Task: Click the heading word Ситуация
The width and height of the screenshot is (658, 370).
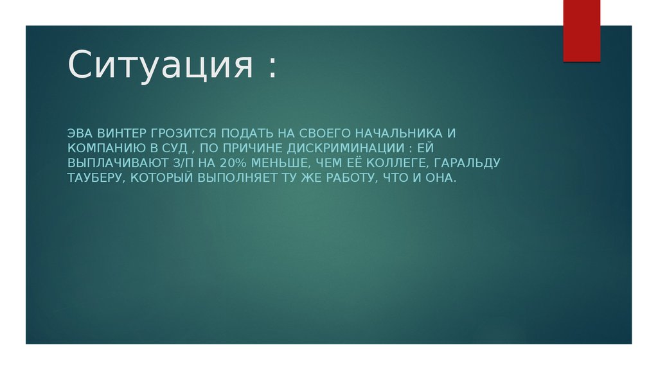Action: (161, 66)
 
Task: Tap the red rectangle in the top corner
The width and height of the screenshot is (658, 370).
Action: (582, 30)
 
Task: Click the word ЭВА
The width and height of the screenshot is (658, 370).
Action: (80, 134)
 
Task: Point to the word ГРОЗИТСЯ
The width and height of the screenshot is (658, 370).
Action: (185, 134)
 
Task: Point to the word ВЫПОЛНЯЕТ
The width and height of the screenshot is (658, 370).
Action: (237, 178)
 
